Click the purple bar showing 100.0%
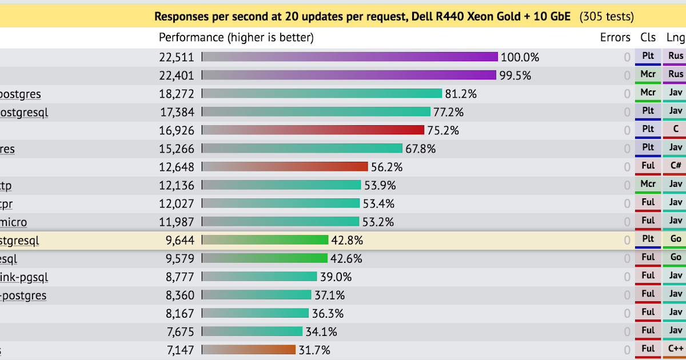coord(350,57)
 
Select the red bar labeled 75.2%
coord(313,130)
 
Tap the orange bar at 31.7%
coord(249,350)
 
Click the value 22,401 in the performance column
coord(177,75)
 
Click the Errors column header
coord(615,38)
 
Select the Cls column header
coord(648,38)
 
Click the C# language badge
coord(676,166)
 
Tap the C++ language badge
coord(676,349)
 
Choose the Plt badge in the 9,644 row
coord(648,239)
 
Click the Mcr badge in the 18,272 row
coord(648,93)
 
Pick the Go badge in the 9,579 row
coord(676,258)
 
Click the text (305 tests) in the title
coord(607,17)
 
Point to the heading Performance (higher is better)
coord(236,38)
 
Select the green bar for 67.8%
coord(302,149)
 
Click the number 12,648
coord(177,167)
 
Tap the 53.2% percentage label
coord(377,222)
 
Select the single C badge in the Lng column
coord(676,129)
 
